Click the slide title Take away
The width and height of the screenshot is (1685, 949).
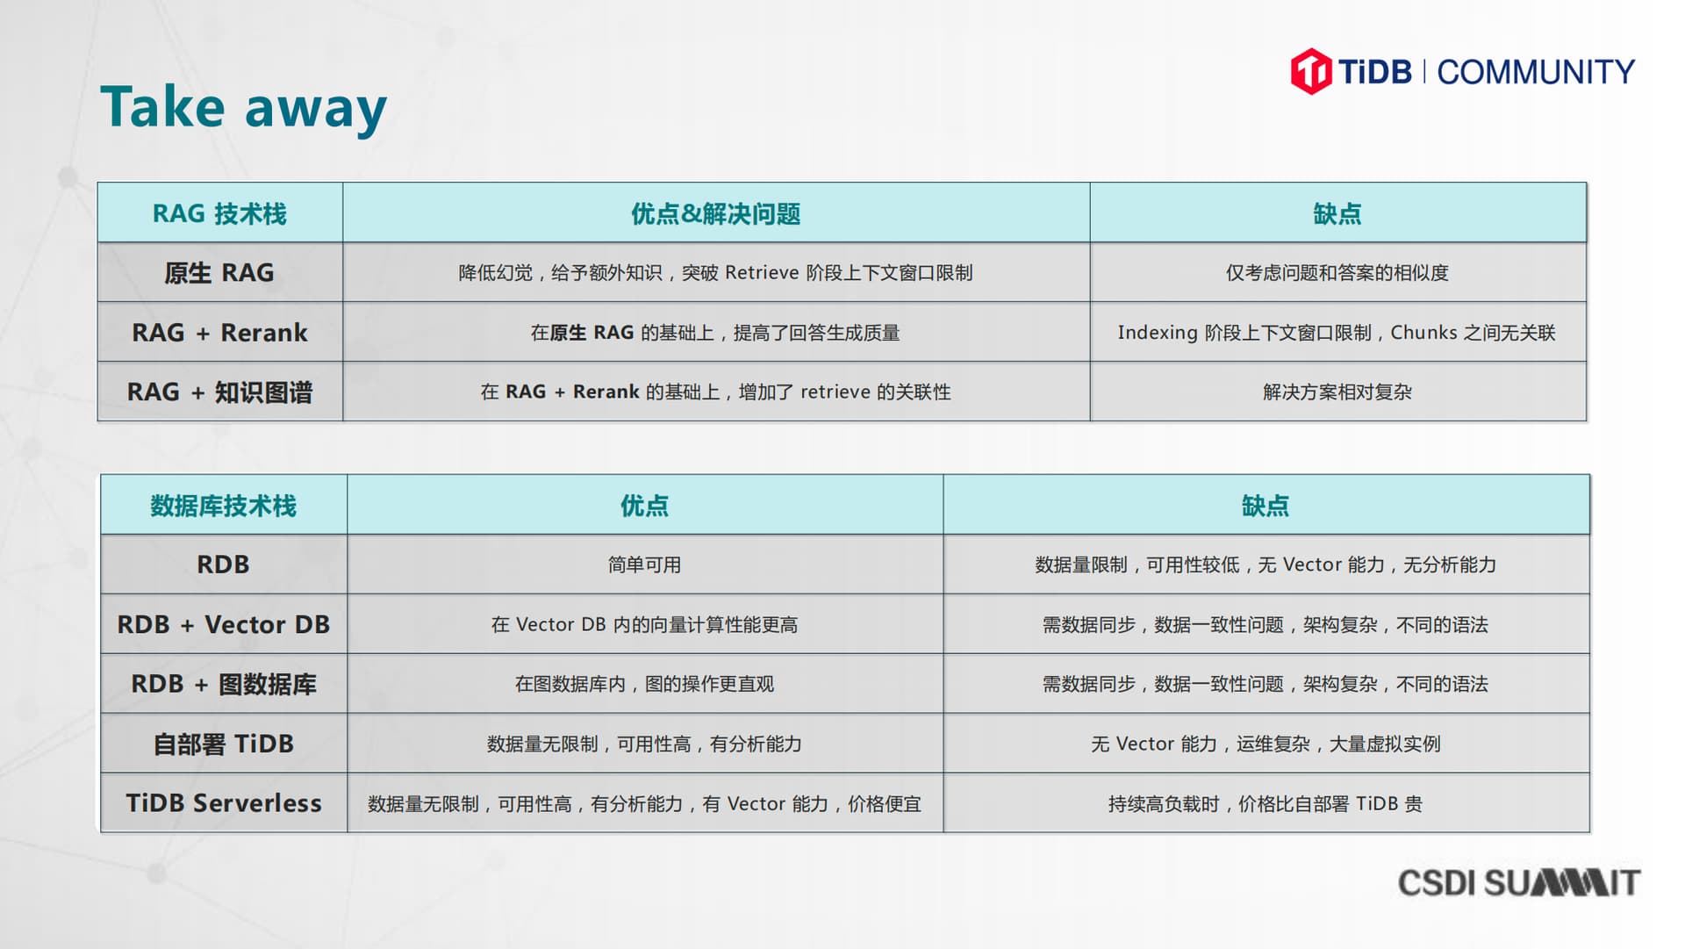click(x=243, y=108)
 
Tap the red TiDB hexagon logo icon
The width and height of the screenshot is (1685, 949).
click(x=1311, y=71)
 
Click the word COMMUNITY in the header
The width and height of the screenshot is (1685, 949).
click(x=1536, y=72)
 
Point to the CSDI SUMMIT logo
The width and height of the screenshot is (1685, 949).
click(x=1518, y=882)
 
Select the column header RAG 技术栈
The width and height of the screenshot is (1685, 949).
click(x=219, y=213)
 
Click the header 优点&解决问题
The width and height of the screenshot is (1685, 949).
click(x=715, y=213)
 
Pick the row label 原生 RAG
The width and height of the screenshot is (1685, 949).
click(x=219, y=273)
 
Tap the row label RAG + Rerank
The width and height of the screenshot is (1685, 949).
click(x=219, y=333)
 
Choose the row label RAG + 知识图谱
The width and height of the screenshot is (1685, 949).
click(x=219, y=392)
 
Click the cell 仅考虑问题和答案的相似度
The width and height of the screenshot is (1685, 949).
click(x=1337, y=273)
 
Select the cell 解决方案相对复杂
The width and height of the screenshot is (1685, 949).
click(x=1337, y=392)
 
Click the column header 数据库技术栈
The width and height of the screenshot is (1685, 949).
click(x=223, y=506)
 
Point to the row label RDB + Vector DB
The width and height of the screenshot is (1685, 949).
click(x=223, y=624)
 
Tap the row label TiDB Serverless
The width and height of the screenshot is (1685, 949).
click(x=223, y=803)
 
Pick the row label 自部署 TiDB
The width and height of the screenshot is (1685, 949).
click(x=223, y=744)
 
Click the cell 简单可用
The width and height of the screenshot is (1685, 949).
click(x=644, y=564)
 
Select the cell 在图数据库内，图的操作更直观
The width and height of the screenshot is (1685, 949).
click(x=644, y=684)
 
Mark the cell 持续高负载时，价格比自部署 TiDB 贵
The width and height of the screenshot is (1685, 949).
click(x=1265, y=803)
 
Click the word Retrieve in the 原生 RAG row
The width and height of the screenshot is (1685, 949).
click(x=762, y=273)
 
